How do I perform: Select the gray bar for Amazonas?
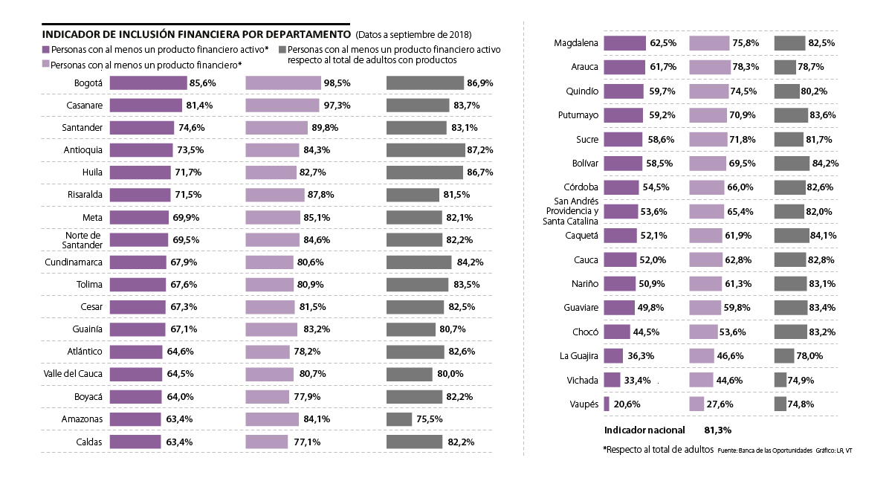click(399, 419)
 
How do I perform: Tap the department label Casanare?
click(83, 106)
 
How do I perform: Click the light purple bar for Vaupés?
click(697, 404)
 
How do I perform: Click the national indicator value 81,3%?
click(717, 430)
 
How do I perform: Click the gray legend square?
click(282, 50)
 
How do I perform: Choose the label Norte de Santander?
click(83, 240)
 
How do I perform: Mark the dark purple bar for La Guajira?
click(613, 356)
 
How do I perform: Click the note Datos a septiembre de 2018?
click(413, 35)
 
